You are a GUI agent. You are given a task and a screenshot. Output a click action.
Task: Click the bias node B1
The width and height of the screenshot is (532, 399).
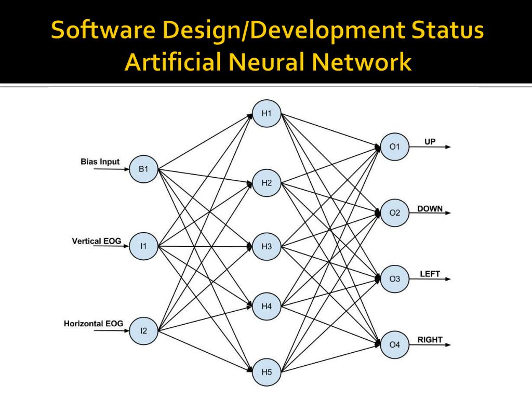click(143, 169)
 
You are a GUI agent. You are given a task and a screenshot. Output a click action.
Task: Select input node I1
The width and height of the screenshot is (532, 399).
click(143, 246)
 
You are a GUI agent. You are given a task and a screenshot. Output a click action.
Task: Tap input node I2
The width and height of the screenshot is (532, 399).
click(143, 330)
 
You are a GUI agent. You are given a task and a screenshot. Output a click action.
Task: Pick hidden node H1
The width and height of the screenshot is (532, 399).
click(267, 114)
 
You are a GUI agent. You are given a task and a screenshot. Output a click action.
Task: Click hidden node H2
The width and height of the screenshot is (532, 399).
click(267, 183)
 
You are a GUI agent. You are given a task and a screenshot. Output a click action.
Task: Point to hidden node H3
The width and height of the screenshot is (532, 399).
click(267, 246)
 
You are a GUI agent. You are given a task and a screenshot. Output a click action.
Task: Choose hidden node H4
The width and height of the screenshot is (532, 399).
click(267, 307)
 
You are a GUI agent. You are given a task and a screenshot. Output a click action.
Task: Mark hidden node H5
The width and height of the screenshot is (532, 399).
click(267, 371)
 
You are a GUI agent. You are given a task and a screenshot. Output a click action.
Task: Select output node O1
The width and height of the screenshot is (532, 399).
click(395, 147)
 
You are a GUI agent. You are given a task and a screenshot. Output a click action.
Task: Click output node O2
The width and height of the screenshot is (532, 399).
click(395, 212)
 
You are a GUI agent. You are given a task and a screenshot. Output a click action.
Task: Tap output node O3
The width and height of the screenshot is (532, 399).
click(395, 279)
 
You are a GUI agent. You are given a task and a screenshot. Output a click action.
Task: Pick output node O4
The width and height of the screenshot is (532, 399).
click(395, 344)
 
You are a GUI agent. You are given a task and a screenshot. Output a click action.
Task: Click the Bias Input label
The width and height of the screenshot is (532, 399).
click(100, 162)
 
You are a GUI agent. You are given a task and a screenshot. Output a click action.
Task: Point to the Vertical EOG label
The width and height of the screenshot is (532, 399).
click(97, 241)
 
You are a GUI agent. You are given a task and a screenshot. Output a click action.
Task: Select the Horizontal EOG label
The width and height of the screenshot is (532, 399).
click(94, 323)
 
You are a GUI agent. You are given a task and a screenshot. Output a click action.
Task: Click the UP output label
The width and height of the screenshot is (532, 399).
click(430, 142)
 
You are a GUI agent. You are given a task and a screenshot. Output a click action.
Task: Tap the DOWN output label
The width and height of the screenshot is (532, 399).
click(430, 208)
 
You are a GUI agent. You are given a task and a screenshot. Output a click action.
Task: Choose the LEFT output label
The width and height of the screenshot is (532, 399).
click(430, 274)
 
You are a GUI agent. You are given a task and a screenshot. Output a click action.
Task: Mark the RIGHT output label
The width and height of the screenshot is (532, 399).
click(430, 340)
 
